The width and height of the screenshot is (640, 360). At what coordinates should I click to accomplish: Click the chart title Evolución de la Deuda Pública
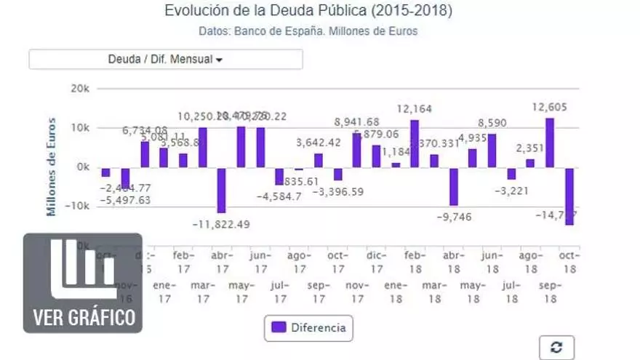(308, 11)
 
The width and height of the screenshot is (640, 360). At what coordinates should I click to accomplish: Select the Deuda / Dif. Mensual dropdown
(166, 59)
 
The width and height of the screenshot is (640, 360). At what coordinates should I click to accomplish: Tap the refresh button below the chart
(556, 348)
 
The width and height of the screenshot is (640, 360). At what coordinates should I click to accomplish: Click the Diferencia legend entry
(309, 328)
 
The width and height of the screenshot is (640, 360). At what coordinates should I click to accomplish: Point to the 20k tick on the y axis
(79, 89)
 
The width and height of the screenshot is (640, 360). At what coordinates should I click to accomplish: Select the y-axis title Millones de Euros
(52, 167)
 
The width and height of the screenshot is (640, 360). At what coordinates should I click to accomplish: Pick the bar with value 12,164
(415, 143)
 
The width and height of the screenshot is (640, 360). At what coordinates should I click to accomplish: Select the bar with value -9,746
(454, 186)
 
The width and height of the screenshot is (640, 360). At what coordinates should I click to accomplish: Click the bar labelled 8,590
(492, 151)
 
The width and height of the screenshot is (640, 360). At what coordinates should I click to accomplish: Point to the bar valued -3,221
(511, 174)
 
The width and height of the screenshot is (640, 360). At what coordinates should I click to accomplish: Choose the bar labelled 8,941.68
(357, 151)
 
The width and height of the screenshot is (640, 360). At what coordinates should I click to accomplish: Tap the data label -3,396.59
(337, 192)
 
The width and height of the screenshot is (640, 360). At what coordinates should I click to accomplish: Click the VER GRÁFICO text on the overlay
(84, 317)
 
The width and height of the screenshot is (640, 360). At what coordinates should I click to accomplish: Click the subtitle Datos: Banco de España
(308, 31)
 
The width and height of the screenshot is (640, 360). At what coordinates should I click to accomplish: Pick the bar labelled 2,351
(530, 163)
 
